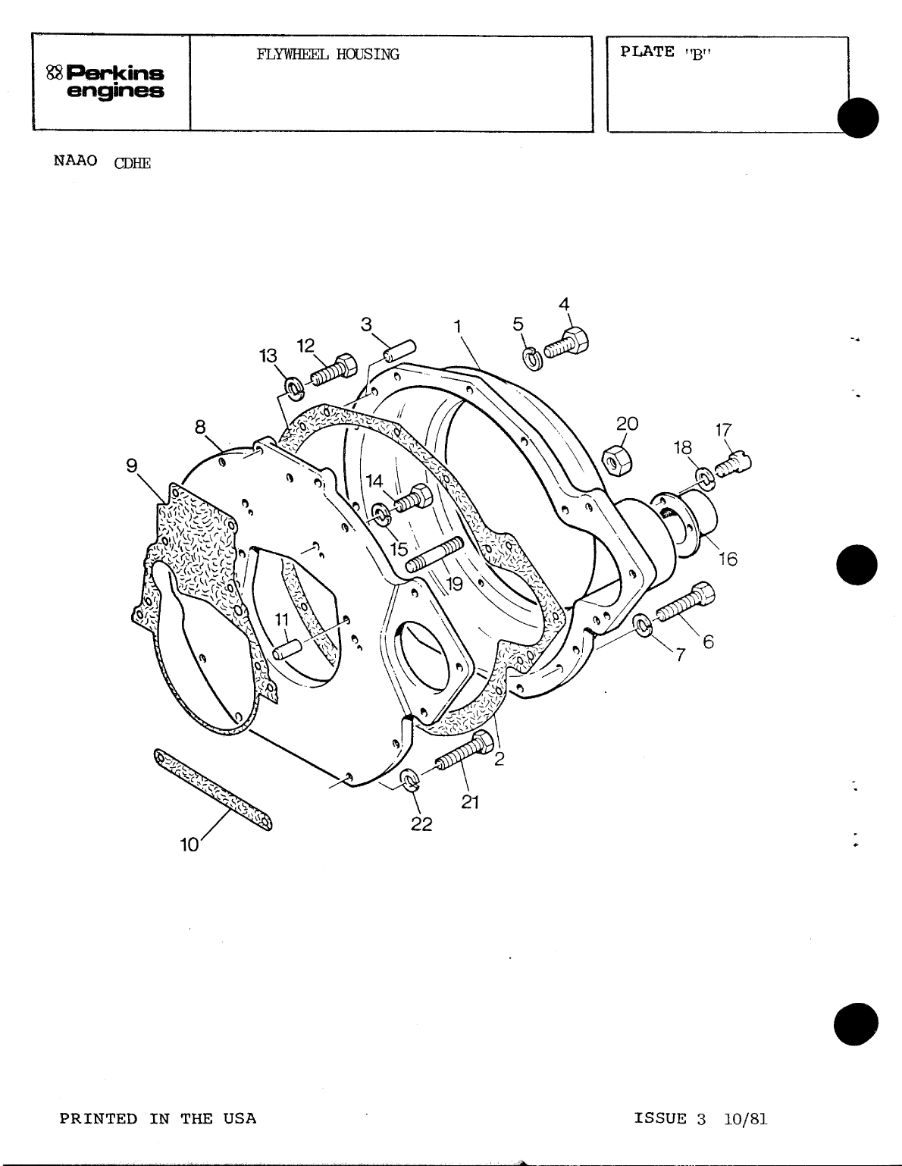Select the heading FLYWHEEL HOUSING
327,55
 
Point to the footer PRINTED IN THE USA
158,1118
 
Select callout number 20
627,424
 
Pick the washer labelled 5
533,358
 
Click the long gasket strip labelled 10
215,789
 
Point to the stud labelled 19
435,555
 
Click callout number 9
132,465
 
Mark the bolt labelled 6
683,602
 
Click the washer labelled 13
293,390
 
